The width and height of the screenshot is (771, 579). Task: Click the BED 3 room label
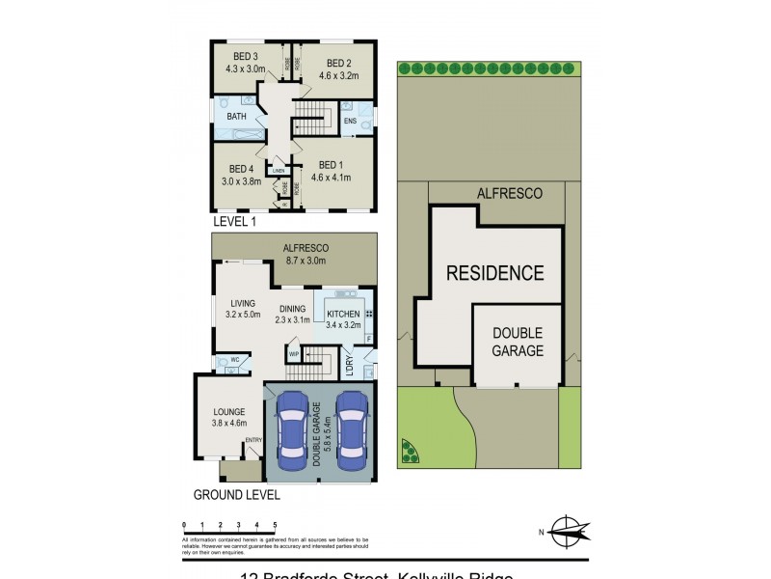coord(241,57)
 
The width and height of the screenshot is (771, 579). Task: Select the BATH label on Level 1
coord(236,117)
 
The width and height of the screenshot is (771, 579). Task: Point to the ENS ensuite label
coord(350,121)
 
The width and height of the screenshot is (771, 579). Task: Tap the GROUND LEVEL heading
coord(237,495)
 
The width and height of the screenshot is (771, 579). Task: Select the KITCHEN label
coord(343,315)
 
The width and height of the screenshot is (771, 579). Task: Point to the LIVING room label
coord(243,303)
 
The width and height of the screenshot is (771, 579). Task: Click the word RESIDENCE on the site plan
coord(494,273)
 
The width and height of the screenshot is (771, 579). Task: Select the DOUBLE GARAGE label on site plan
coord(518,342)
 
